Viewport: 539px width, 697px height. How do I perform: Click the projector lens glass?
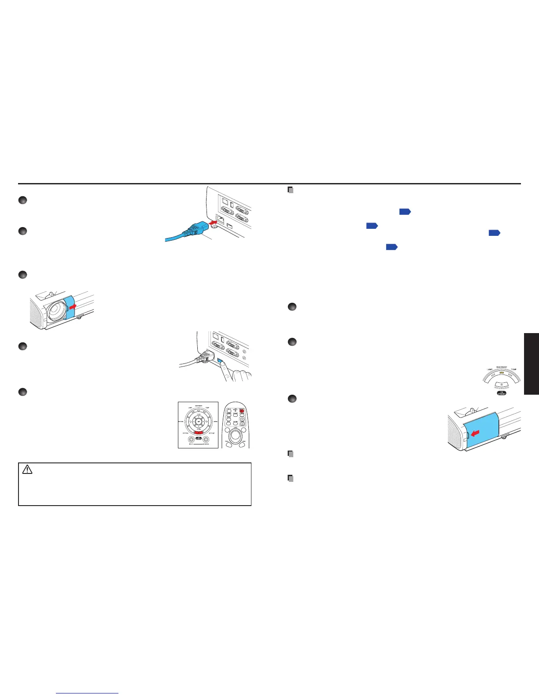pos(53,311)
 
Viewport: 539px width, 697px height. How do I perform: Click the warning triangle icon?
pos(27,470)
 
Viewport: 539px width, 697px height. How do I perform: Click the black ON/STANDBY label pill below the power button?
pos(502,393)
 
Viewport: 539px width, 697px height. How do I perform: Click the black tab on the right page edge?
pos(532,364)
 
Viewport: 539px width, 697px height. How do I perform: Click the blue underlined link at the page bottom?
pos(87,693)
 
